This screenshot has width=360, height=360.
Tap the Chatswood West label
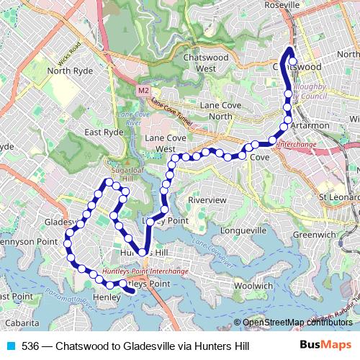pos(190,63)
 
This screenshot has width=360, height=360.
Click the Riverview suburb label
pos(207,199)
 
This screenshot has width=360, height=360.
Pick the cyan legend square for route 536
pos(10,347)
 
